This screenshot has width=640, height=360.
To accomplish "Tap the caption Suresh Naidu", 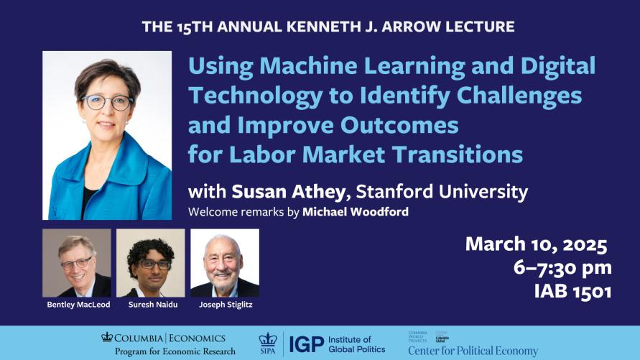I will point(150,305).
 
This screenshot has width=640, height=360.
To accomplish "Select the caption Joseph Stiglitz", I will point(224,305).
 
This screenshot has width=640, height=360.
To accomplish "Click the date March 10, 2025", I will point(536,244).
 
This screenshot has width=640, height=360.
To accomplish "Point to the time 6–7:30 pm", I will point(563,268).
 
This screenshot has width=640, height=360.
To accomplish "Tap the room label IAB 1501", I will point(572,292).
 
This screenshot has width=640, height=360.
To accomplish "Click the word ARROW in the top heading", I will point(416,27).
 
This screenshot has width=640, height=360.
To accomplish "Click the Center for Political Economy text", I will point(473,351).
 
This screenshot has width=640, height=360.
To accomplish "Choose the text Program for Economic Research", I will point(175,351).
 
